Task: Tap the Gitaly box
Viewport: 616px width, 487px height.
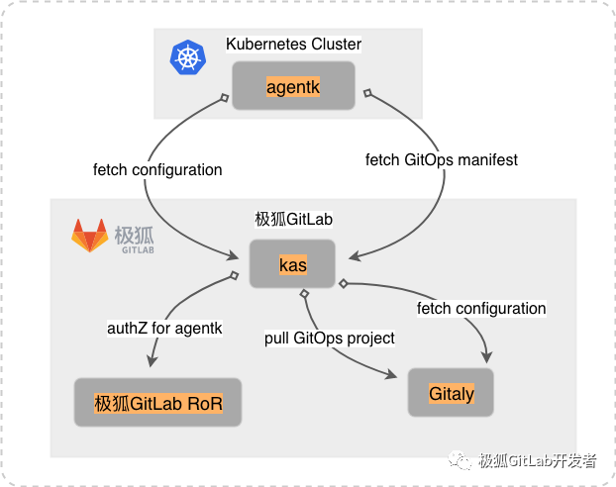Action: (x=451, y=394)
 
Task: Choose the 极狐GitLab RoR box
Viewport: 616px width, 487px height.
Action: (x=157, y=403)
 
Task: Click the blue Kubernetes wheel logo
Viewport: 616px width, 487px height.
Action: (x=185, y=57)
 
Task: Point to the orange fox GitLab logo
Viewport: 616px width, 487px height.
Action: (x=89, y=236)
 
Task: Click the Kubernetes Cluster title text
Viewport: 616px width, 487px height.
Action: (x=293, y=45)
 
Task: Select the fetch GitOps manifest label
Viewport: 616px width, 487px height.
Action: (x=442, y=158)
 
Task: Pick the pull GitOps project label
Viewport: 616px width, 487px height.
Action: (x=330, y=339)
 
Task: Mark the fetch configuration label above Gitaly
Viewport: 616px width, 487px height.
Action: (x=481, y=309)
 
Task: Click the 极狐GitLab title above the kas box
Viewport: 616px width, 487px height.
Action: (x=293, y=219)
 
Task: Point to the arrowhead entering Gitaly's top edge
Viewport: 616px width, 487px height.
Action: (x=484, y=362)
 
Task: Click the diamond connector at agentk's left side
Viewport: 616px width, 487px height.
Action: (x=226, y=97)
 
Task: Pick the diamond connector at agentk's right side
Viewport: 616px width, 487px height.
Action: (x=365, y=93)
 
